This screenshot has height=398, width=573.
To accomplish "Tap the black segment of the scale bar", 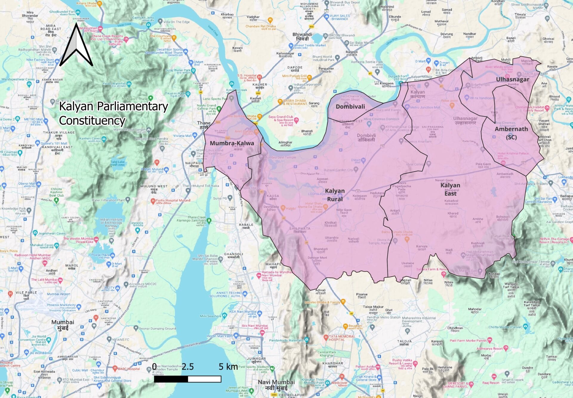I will click(x=171, y=379).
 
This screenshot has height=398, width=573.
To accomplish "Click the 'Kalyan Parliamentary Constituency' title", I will click(x=113, y=113).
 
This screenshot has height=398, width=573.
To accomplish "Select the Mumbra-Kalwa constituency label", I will click(x=232, y=143).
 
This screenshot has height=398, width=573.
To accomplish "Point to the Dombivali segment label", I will click(x=350, y=107).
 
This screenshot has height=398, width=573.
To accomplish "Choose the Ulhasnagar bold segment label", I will click(x=512, y=79).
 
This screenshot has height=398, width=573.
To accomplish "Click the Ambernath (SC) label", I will click(x=511, y=133).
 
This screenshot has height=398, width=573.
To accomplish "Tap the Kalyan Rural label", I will click(x=335, y=195).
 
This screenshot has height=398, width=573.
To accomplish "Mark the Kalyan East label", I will click(x=450, y=189).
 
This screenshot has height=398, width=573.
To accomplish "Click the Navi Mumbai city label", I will click(x=276, y=385).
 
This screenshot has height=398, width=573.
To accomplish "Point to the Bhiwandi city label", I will click(x=302, y=36).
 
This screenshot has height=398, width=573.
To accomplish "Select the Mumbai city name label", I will click(x=63, y=325).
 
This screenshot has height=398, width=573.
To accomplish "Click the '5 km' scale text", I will click(x=228, y=367).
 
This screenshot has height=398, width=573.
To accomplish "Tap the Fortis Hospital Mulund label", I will click(x=173, y=200).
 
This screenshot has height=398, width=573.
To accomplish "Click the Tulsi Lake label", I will click(x=117, y=163).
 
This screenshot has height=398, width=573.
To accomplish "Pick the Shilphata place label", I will click(x=300, y=230).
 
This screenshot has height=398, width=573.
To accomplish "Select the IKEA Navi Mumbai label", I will click(x=242, y=311).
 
